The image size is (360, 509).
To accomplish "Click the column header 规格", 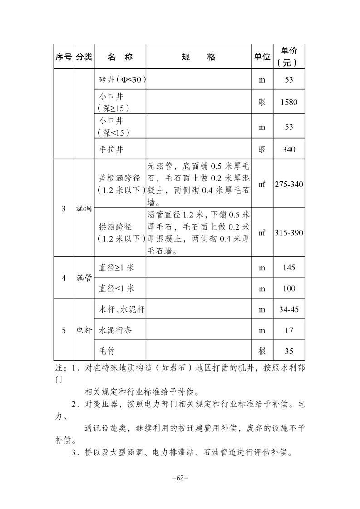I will (x=198, y=57).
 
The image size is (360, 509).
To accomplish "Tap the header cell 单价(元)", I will (x=289, y=57).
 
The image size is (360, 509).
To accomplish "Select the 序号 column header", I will (x=64, y=57).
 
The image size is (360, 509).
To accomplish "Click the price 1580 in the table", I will (x=289, y=103).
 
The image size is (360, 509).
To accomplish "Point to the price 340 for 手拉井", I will (x=289, y=149).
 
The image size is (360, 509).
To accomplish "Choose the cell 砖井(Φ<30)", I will (x=120, y=80).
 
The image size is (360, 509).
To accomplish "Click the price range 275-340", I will (x=289, y=185).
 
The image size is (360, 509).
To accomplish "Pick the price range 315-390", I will (x=289, y=233).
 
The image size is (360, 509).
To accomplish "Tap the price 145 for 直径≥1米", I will (x=289, y=268).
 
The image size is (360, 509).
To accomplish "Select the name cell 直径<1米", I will (x=117, y=289).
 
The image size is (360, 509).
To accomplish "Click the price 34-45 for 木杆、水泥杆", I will (x=289, y=309).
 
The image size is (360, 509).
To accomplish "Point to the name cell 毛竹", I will (x=108, y=351).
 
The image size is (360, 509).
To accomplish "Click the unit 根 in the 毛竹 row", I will (x=262, y=351).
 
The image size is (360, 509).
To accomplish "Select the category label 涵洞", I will (x=84, y=209).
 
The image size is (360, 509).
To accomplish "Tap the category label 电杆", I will (x=84, y=330).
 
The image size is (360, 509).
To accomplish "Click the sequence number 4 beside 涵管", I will (x=64, y=278).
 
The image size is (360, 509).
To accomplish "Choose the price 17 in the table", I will (x=289, y=330).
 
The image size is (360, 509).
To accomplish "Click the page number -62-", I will (x=180, y=478).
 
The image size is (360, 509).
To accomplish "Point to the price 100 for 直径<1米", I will (x=289, y=289).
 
